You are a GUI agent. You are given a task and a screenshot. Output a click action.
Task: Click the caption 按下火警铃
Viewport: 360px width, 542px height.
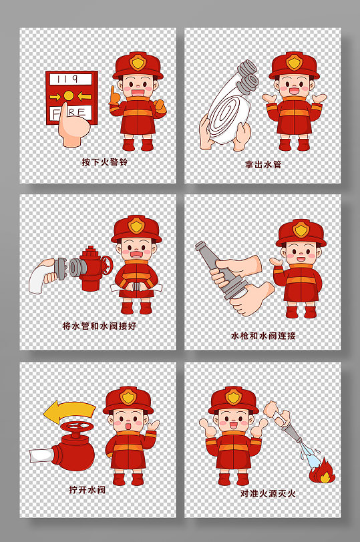coord(104,162)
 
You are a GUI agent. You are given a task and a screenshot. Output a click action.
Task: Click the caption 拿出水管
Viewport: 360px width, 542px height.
coord(263,164)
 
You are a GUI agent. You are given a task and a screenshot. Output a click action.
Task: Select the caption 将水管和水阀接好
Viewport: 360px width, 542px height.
coord(99,326)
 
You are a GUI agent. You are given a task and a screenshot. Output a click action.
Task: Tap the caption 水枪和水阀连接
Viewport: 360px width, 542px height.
coord(263,336)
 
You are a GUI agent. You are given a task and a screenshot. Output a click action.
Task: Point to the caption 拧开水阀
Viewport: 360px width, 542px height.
coord(87,490)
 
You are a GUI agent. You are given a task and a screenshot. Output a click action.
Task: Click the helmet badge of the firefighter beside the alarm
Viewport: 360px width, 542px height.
coord(138,62)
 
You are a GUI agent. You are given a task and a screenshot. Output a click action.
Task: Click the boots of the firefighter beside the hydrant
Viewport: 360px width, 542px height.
coord(136,308)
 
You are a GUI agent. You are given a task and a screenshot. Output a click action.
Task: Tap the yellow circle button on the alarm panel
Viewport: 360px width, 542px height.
coord(67,96)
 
